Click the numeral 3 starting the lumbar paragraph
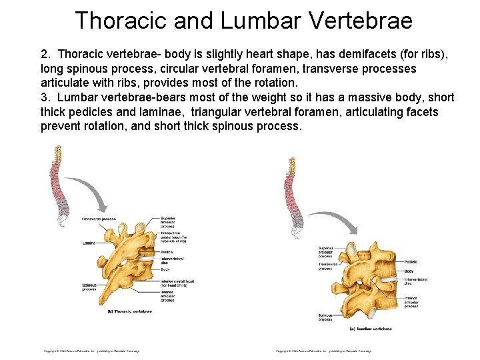(44, 97)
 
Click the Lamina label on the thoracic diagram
(89, 243)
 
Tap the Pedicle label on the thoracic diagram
(167, 252)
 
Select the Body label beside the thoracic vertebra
(165, 269)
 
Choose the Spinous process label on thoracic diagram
(89, 287)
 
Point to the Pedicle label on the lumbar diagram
(411, 262)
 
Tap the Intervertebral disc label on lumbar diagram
(415, 281)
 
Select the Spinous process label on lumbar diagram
(325, 317)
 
